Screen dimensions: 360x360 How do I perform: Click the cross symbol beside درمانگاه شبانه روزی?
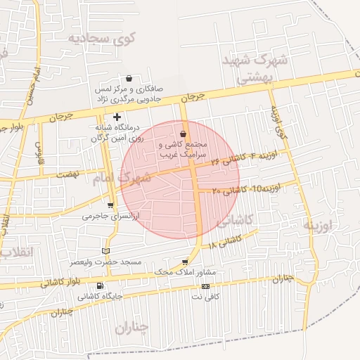point(117,117)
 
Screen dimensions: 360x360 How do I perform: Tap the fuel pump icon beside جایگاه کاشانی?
point(99,285)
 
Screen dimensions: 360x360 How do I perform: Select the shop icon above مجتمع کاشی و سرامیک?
point(184,134)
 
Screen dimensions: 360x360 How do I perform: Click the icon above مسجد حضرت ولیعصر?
point(106,251)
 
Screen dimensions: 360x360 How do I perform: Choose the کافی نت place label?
point(206,297)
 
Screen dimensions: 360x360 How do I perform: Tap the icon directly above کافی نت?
point(205,287)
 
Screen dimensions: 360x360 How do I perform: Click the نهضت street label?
point(68,173)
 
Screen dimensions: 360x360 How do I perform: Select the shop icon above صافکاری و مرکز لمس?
point(129,78)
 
